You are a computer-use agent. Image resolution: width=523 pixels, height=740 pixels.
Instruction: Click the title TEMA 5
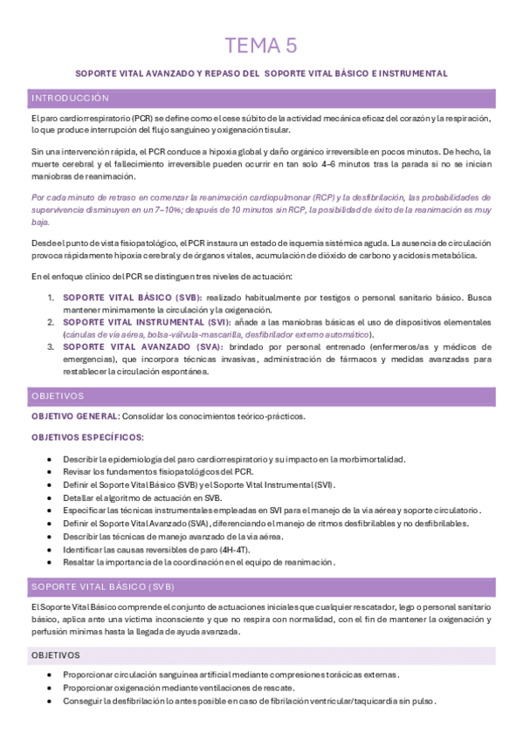(261, 45)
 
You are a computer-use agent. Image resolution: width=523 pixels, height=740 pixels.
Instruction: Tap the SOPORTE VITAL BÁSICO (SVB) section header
(103, 585)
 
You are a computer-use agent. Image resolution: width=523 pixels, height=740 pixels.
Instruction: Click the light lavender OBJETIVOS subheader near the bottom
(56, 654)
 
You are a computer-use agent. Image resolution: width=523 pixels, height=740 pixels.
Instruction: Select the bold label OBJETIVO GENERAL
(72, 416)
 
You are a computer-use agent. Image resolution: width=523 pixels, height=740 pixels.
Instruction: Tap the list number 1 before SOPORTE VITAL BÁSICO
(51, 298)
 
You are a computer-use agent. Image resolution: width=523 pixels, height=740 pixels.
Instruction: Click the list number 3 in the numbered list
(51, 346)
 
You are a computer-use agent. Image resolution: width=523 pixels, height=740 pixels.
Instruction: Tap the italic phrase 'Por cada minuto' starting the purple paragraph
(64, 197)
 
